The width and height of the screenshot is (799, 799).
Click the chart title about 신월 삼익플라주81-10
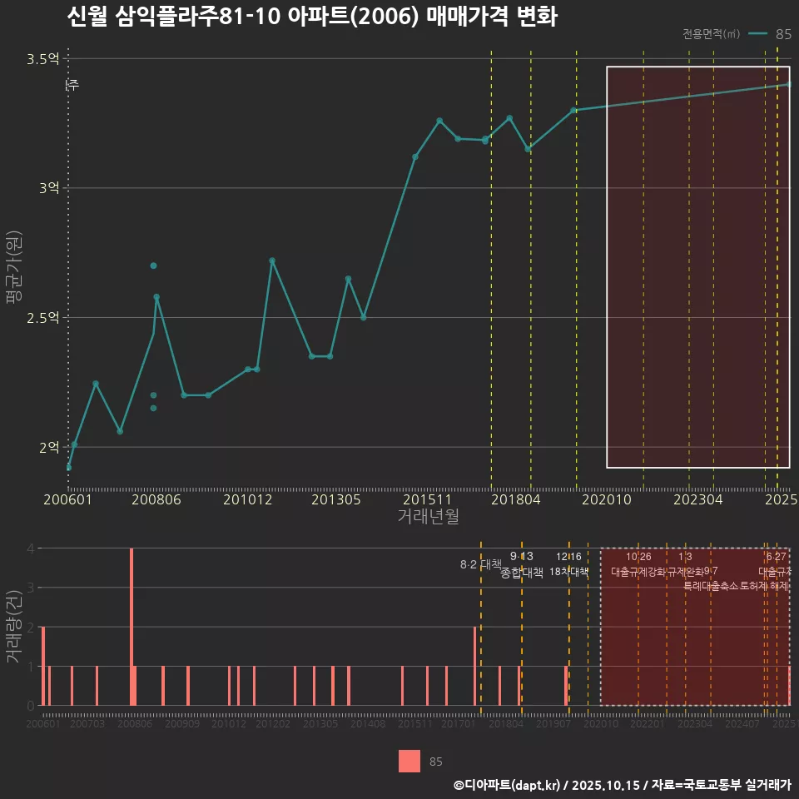[311, 17]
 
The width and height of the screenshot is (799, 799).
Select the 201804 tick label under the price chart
[516, 499]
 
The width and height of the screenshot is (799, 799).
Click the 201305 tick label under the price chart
[335, 499]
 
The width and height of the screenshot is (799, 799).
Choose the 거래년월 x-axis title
[428, 517]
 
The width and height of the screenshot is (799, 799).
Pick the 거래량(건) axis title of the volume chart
[13, 627]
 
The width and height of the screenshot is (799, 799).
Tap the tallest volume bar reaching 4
[132, 626]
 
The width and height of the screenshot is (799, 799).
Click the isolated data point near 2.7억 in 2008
[153, 266]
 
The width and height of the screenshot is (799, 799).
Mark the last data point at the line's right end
[789, 84]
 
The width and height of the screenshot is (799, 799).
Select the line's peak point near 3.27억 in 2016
[439, 121]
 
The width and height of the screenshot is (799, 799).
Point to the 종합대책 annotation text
[522, 573]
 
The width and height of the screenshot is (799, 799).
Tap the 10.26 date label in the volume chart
[638, 557]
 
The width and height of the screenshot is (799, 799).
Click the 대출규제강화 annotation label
[638, 573]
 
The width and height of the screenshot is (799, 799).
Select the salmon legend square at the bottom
[409, 761]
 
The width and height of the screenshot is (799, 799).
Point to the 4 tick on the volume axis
[30, 548]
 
